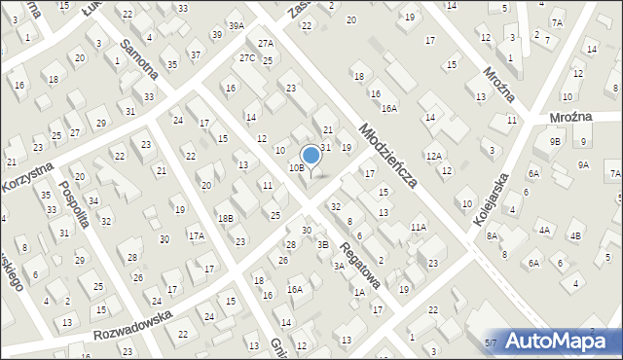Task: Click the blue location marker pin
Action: [x=311, y=156]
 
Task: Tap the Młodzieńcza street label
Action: [x=387, y=155]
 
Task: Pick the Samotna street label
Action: [x=137, y=59]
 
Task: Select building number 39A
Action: [x=236, y=25]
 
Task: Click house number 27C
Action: [x=247, y=58]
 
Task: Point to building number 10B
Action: [x=296, y=168]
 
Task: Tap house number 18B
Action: [x=225, y=218]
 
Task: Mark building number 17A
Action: [x=196, y=235]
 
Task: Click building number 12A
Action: [x=433, y=156]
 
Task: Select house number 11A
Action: [x=419, y=227]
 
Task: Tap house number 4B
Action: [x=575, y=236]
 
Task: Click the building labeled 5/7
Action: [x=490, y=342]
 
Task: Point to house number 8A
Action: [x=493, y=235]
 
